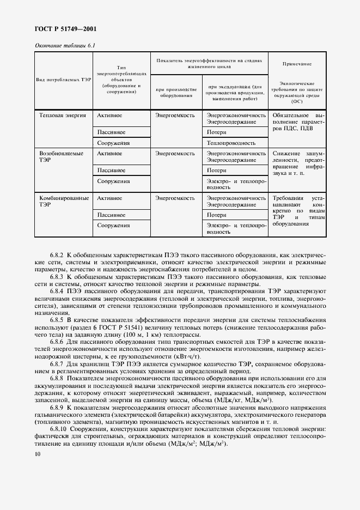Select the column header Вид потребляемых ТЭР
(x=63, y=80)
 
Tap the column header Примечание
(x=296, y=64)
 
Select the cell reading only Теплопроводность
(x=231, y=143)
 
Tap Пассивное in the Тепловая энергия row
(x=112, y=132)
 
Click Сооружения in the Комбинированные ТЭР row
(x=113, y=225)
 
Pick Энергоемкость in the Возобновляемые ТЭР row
(x=175, y=154)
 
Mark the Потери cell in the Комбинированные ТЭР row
(x=217, y=215)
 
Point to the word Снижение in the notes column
(x=286, y=154)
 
